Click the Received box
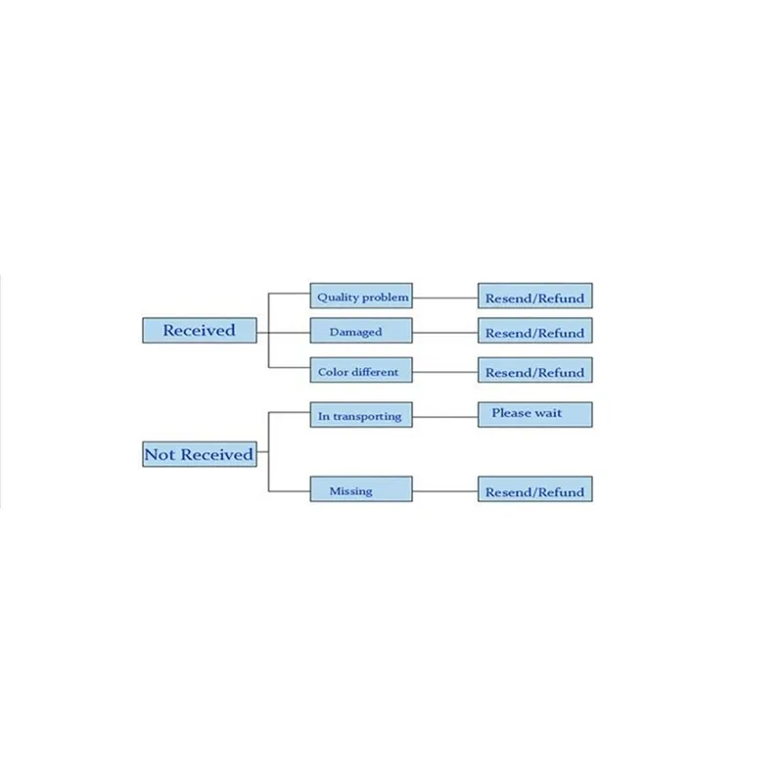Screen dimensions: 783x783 (200, 330)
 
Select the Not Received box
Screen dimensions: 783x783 (200, 454)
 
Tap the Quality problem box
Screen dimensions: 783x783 (361, 296)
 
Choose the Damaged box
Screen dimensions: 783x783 (361, 330)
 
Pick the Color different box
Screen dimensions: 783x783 (361, 370)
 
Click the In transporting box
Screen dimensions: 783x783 (361, 414)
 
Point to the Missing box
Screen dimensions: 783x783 (361, 488)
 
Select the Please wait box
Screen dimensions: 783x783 (535, 414)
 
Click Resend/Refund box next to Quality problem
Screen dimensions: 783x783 (535, 296)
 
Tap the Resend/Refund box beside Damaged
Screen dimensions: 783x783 (535, 330)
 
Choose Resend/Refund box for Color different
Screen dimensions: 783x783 (535, 370)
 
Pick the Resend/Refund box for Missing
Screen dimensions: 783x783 (535, 488)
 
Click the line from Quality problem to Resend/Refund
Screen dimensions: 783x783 (445, 299)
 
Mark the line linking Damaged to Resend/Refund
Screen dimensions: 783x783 (445, 333)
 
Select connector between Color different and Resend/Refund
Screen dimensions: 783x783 (445, 372)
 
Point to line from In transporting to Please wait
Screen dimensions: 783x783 (445, 417)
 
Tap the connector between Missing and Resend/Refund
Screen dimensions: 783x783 (445, 491)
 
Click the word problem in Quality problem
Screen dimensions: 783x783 (386, 299)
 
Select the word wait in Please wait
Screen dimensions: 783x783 (548, 413)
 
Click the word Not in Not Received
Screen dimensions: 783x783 (160, 454)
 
